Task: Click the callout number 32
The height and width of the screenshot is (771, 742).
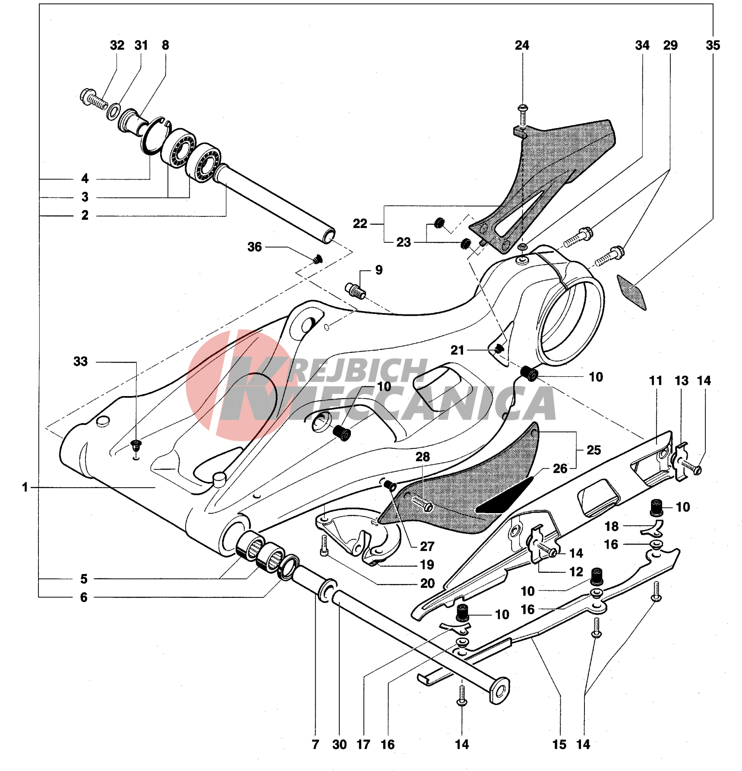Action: (x=117, y=45)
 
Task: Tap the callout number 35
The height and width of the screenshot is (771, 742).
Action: (x=713, y=45)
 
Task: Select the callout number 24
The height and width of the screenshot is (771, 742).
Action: (x=522, y=45)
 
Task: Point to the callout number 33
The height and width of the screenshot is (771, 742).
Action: (x=81, y=362)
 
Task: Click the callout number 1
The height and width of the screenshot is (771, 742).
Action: (x=25, y=488)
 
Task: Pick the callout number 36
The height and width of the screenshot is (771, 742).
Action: (x=255, y=247)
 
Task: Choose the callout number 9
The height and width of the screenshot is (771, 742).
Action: (x=379, y=270)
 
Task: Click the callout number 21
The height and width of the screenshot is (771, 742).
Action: (x=457, y=350)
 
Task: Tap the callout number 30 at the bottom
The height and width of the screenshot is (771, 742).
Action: (x=339, y=744)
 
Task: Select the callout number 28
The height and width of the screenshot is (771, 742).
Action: (x=423, y=457)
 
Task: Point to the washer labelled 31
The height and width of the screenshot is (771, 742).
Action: (x=114, y=111)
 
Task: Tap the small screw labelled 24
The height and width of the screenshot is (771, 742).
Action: (x=523, y=114)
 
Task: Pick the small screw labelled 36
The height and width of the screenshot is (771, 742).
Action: (x=318, y=259)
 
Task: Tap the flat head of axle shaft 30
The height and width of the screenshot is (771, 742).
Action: (x=500, y=691)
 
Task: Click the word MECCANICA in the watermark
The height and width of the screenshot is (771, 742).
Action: (x=401, y=404)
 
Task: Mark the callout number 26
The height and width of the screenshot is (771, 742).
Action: (x=560, y=469)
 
